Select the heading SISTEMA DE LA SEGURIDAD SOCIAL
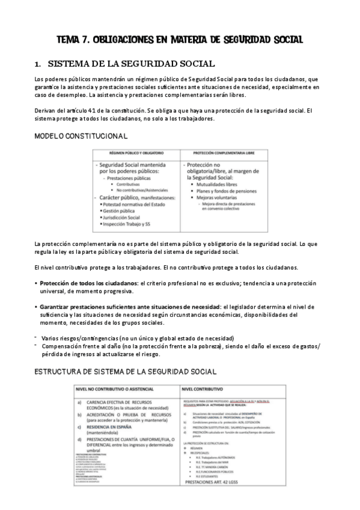(131, 63)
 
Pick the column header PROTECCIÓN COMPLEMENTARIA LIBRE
(222, 153)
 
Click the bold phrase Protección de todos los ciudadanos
(87, 283)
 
